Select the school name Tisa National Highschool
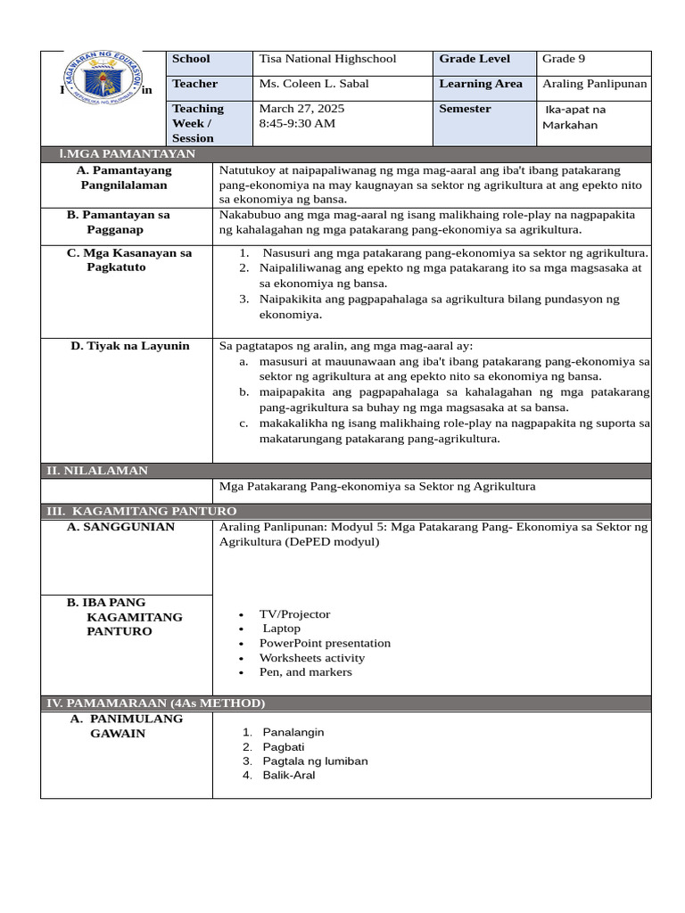pyautogui.click(x=327, y=59)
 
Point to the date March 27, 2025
pyautogui.click(x=301, y=109)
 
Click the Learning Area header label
pyautogui.click(x=479, y=84)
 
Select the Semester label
pyautogui.click(x=465, y=109)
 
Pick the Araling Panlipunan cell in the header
pyautogui.click(x=595, y=84)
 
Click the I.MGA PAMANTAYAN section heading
pyautogui.click(x=120, y=154)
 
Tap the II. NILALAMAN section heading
pyautogui.click(x=97, y=470)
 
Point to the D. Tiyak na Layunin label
pyautogui.click(x=130, y=346)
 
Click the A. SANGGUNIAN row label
pyautogui.click(x=120, y=527)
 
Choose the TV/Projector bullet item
pyautogui.click(x=294, y=614)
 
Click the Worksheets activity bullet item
pyautogui.click(x=311, y=658)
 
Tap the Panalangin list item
pyautogui.click(x=293, y=732)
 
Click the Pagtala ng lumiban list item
pyautogui.click(x=315, y=761)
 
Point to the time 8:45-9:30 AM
pyautogui.click(x=297, y=123)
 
